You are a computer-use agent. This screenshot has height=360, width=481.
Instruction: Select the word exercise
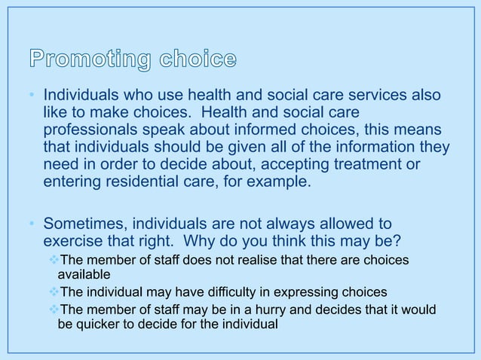coord(75,242)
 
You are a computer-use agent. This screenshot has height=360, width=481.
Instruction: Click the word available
coord(84,275)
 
